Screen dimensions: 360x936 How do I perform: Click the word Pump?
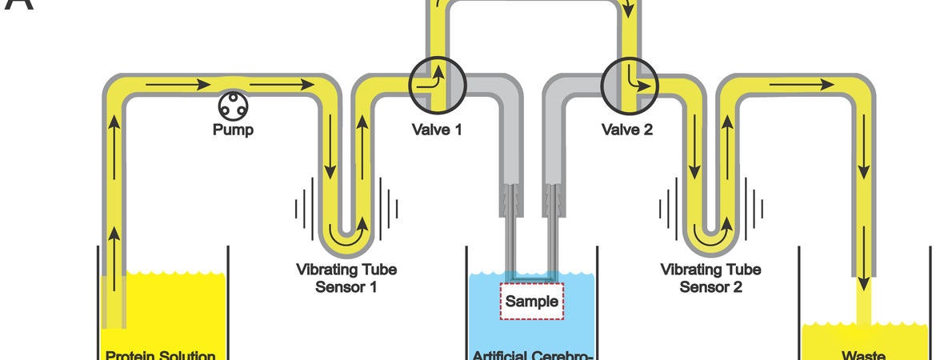(x=234, y=130)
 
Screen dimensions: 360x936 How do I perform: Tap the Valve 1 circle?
(x=437, y=82)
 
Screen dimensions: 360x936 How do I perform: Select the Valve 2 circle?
(x=630, y=82)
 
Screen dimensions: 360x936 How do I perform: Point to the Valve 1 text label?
(x=437, y=130)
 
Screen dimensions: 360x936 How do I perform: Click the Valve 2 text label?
(x=627, y=130)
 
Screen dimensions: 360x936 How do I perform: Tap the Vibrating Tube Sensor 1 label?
(x=346, y=278)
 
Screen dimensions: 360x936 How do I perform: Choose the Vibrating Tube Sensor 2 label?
(x=710, y=278)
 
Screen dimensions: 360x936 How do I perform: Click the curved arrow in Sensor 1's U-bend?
(x=346, y=236)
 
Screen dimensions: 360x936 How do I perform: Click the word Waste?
(x=862, y=354)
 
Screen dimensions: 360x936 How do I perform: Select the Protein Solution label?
(x=160, y=354)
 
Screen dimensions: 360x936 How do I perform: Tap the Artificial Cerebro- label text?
(x=532, y=354)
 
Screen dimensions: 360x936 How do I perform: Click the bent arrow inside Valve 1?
(x=435, y=80)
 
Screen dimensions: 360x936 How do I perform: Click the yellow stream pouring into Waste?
(x=864, y=308)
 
